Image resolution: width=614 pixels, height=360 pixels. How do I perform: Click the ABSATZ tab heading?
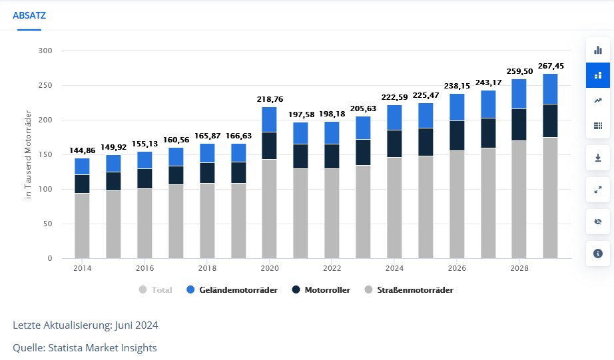29,15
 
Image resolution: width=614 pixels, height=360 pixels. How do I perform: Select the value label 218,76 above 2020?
270,99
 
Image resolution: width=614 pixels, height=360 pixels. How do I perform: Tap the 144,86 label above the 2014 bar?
82,151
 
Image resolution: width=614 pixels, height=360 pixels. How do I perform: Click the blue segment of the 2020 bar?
270,120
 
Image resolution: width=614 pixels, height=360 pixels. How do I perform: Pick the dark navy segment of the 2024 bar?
394,144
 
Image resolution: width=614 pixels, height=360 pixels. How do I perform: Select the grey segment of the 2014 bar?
82,226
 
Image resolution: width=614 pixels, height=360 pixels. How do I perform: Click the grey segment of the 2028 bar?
519,200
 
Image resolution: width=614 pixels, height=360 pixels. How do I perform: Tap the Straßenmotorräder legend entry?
409,290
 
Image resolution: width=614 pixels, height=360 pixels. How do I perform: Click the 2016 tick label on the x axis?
145,269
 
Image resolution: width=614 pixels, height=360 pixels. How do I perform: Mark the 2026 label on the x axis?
457,269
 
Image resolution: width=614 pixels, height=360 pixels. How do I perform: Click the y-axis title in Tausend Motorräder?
28,154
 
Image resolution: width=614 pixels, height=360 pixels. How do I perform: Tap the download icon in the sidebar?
597,158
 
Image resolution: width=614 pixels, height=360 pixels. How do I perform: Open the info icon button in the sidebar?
597,254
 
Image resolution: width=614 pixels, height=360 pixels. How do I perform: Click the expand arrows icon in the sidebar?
597,190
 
